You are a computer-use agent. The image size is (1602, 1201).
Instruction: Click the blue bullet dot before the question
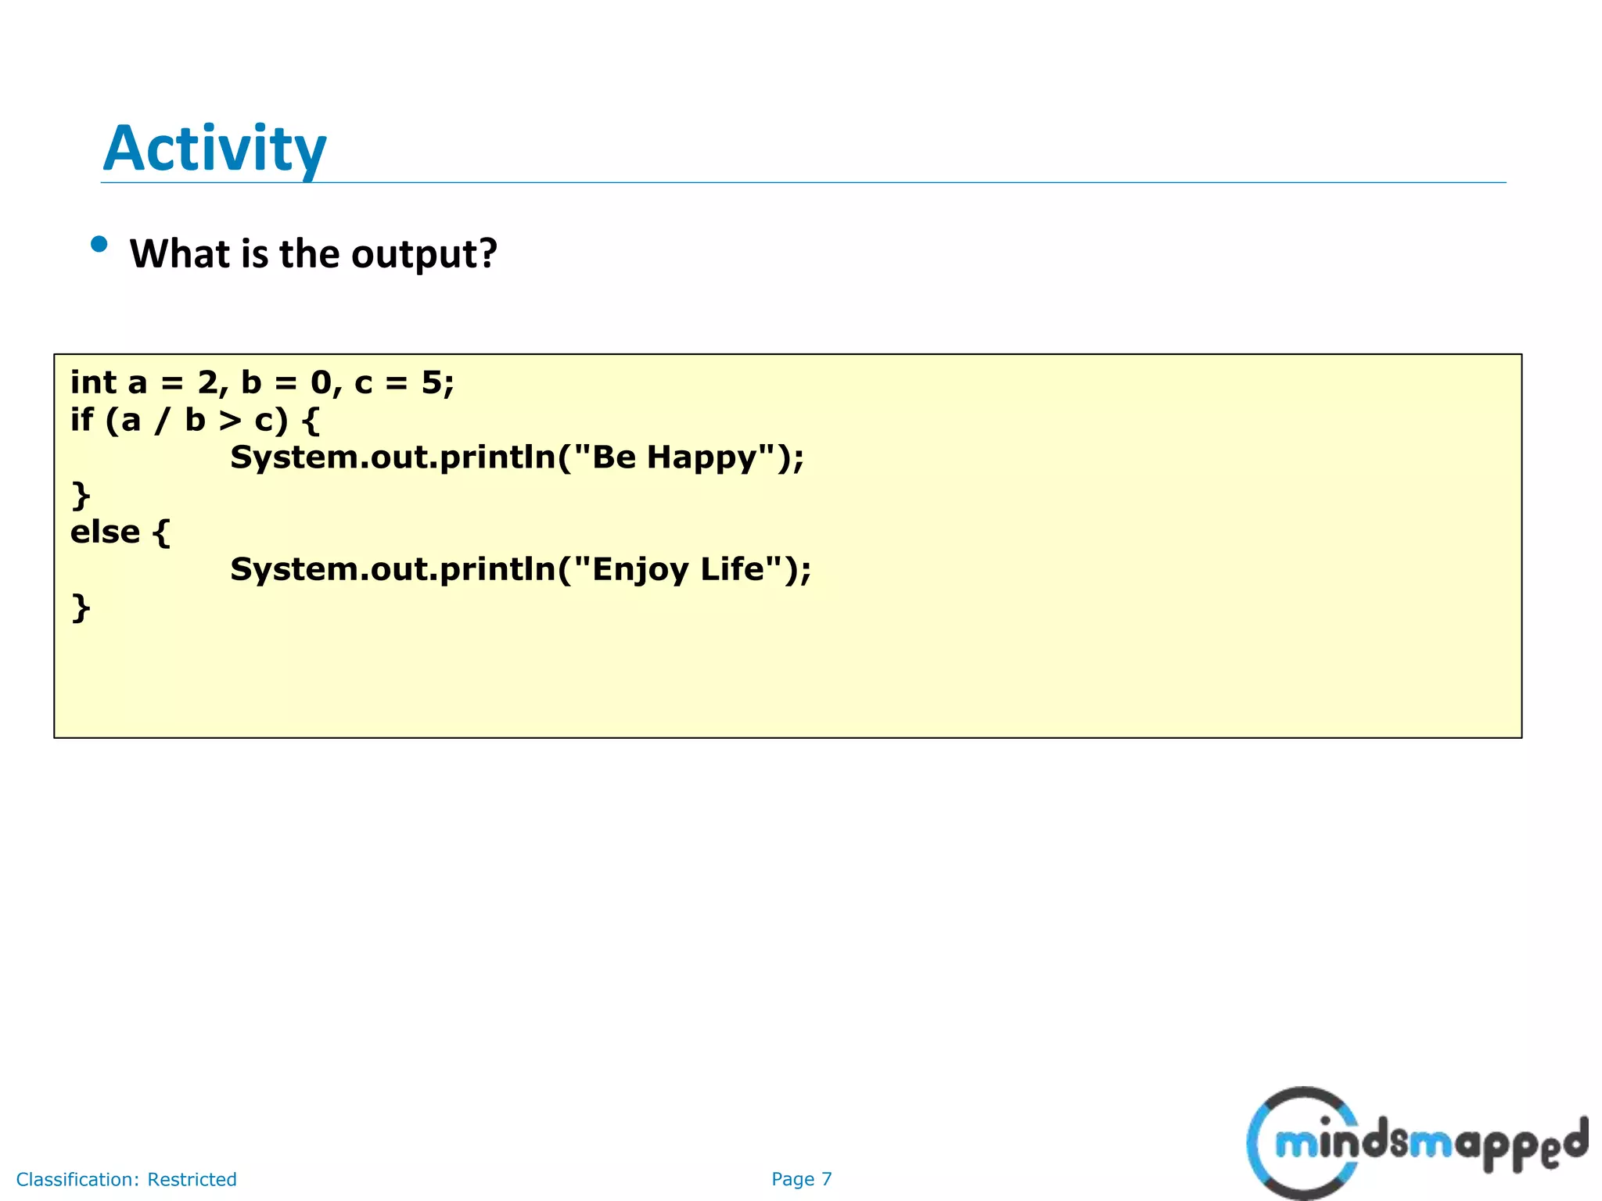point(99,245)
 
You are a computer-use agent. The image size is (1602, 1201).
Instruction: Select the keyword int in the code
point(93,382)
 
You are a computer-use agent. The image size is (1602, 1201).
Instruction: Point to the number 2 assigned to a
point(208,382)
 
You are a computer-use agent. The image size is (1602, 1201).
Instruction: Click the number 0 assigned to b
point(321,382)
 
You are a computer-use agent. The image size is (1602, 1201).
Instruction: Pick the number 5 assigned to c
point(432,382)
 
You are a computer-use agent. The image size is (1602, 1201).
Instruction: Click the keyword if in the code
point(81,420)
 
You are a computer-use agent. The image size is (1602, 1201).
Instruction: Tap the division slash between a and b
point(162,421)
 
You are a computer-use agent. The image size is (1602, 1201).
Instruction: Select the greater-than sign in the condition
point(230,421)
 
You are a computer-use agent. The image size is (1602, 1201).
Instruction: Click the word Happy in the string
point(702,458)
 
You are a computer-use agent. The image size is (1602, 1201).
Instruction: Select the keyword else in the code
point(105,532)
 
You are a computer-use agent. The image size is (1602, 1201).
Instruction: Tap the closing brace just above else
point(81,496)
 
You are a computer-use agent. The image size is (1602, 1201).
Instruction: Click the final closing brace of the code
point(81,608)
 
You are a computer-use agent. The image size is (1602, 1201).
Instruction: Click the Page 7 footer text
point(801,1179)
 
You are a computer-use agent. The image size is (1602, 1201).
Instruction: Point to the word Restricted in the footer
point(192,1179)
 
